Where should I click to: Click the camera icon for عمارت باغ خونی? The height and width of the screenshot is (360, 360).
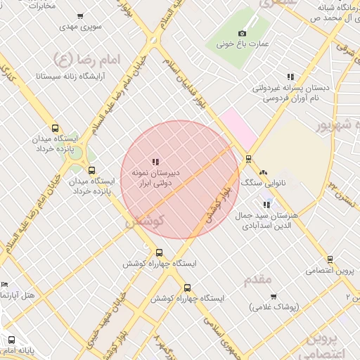[243, 33]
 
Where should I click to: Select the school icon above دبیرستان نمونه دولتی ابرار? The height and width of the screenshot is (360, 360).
[155, 162]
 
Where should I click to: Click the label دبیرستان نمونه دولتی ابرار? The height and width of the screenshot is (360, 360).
[157, 176]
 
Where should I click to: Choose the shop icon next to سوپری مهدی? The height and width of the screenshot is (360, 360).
[80, 15]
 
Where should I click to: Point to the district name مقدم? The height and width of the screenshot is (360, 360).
[257, 279]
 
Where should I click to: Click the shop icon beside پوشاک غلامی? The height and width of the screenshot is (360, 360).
[273, 297]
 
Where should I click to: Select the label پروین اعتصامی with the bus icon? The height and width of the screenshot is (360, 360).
[329, 270]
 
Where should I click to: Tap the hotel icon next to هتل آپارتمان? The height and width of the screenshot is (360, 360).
[5, 284]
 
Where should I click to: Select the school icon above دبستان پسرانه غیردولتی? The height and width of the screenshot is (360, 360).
[290, 77]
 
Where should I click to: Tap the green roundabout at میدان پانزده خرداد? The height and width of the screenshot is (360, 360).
[76, 153]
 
